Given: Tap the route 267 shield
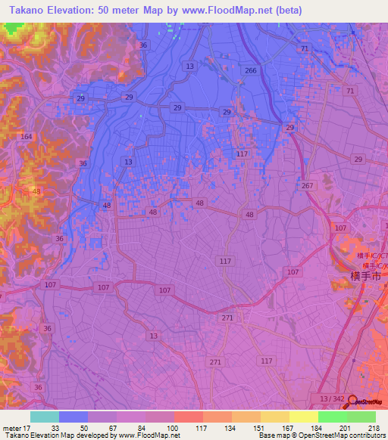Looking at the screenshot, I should click(307, 186).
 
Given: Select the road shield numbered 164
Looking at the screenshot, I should click(27, 137).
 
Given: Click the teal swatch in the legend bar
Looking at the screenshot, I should click(44, 417).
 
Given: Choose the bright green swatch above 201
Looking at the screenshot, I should click(332, 417).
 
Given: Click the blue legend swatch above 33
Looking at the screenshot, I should click(73, 417).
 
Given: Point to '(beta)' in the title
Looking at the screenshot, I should click(284, 10).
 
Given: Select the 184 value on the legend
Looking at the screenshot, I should click(304, 428).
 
